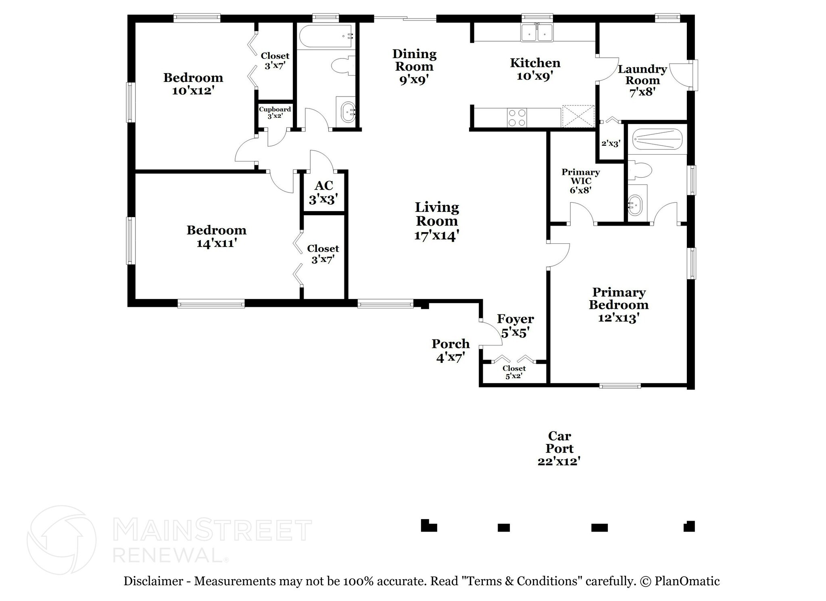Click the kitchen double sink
coord(537,33)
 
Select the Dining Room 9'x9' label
coord(414,67)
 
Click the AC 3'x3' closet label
coord(323,192)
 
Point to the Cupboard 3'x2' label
coord(275,112)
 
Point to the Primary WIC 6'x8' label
coord(580,181)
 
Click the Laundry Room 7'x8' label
coord(642,80)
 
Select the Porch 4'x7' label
coord(451,350)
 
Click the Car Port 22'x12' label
coord(559,448)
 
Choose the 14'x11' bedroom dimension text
coord(216,243)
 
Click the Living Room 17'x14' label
coord(437,221)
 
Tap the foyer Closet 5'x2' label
coord(514,372)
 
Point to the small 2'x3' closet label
coord(610,143)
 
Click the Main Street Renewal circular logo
coord(61,540)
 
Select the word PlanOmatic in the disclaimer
coord(687,581)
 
